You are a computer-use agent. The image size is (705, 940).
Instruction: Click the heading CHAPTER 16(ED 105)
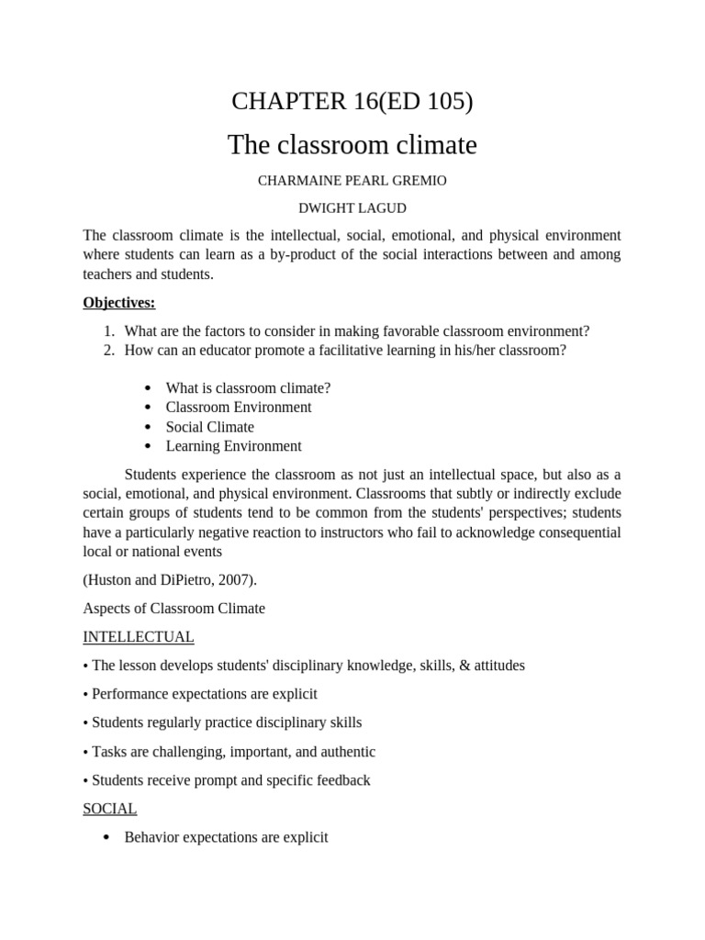352,101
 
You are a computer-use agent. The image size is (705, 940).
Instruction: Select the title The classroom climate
352,144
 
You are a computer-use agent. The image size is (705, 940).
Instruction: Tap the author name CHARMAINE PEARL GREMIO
352,181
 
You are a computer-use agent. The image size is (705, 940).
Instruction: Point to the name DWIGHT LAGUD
352,208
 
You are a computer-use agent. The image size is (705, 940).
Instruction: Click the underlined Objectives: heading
118,302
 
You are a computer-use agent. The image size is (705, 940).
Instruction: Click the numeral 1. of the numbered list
108,331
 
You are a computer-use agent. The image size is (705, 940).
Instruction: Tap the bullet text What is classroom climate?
248,388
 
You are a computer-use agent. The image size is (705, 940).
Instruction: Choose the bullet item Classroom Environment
239,408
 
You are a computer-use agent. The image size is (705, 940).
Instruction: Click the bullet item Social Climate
210,427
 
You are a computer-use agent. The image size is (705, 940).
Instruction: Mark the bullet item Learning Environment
233,446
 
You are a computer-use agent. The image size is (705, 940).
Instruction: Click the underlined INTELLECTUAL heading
138,636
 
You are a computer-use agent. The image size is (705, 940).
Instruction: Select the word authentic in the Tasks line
348,752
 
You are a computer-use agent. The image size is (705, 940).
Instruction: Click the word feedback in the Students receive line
342,780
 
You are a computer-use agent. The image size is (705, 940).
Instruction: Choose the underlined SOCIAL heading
109,809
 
